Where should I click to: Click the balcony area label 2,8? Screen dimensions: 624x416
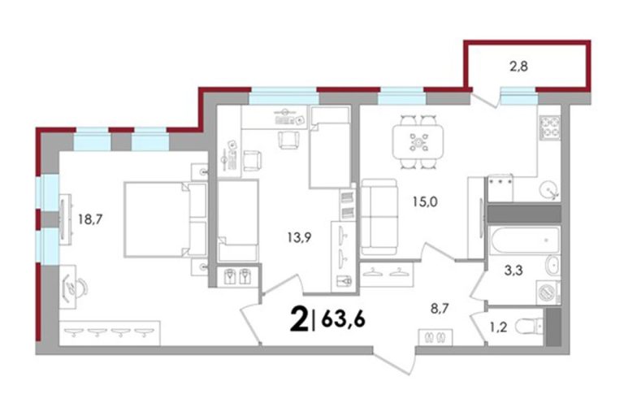pos(518,66)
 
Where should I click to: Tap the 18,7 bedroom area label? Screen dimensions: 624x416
pos(90,219)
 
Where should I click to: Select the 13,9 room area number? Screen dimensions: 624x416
pos(299,238)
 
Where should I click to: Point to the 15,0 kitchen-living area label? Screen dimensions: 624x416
pos(424,201)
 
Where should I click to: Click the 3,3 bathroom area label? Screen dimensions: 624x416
pos(513,271)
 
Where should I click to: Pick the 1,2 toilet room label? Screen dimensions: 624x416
pos(497,327)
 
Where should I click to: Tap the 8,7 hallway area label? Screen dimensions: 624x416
pos(440,309)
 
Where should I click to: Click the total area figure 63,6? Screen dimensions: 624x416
pos(343,318)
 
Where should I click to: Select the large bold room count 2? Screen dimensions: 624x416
pos(299,318)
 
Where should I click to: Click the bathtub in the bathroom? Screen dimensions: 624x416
pos(525,240)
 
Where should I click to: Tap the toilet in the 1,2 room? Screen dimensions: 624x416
pos(529,327)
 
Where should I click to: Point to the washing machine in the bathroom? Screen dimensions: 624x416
pos(548,293)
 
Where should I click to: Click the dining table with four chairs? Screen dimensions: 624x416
pos(418,141)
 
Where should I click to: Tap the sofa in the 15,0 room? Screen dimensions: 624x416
pos(379,217)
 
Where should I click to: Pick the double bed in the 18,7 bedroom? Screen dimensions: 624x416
pos(166,219)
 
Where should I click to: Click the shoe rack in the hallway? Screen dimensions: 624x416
pos(435,337)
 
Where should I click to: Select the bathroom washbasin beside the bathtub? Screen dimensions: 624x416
pos(552,266)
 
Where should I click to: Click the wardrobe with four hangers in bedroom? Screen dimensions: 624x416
pos(110,333)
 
